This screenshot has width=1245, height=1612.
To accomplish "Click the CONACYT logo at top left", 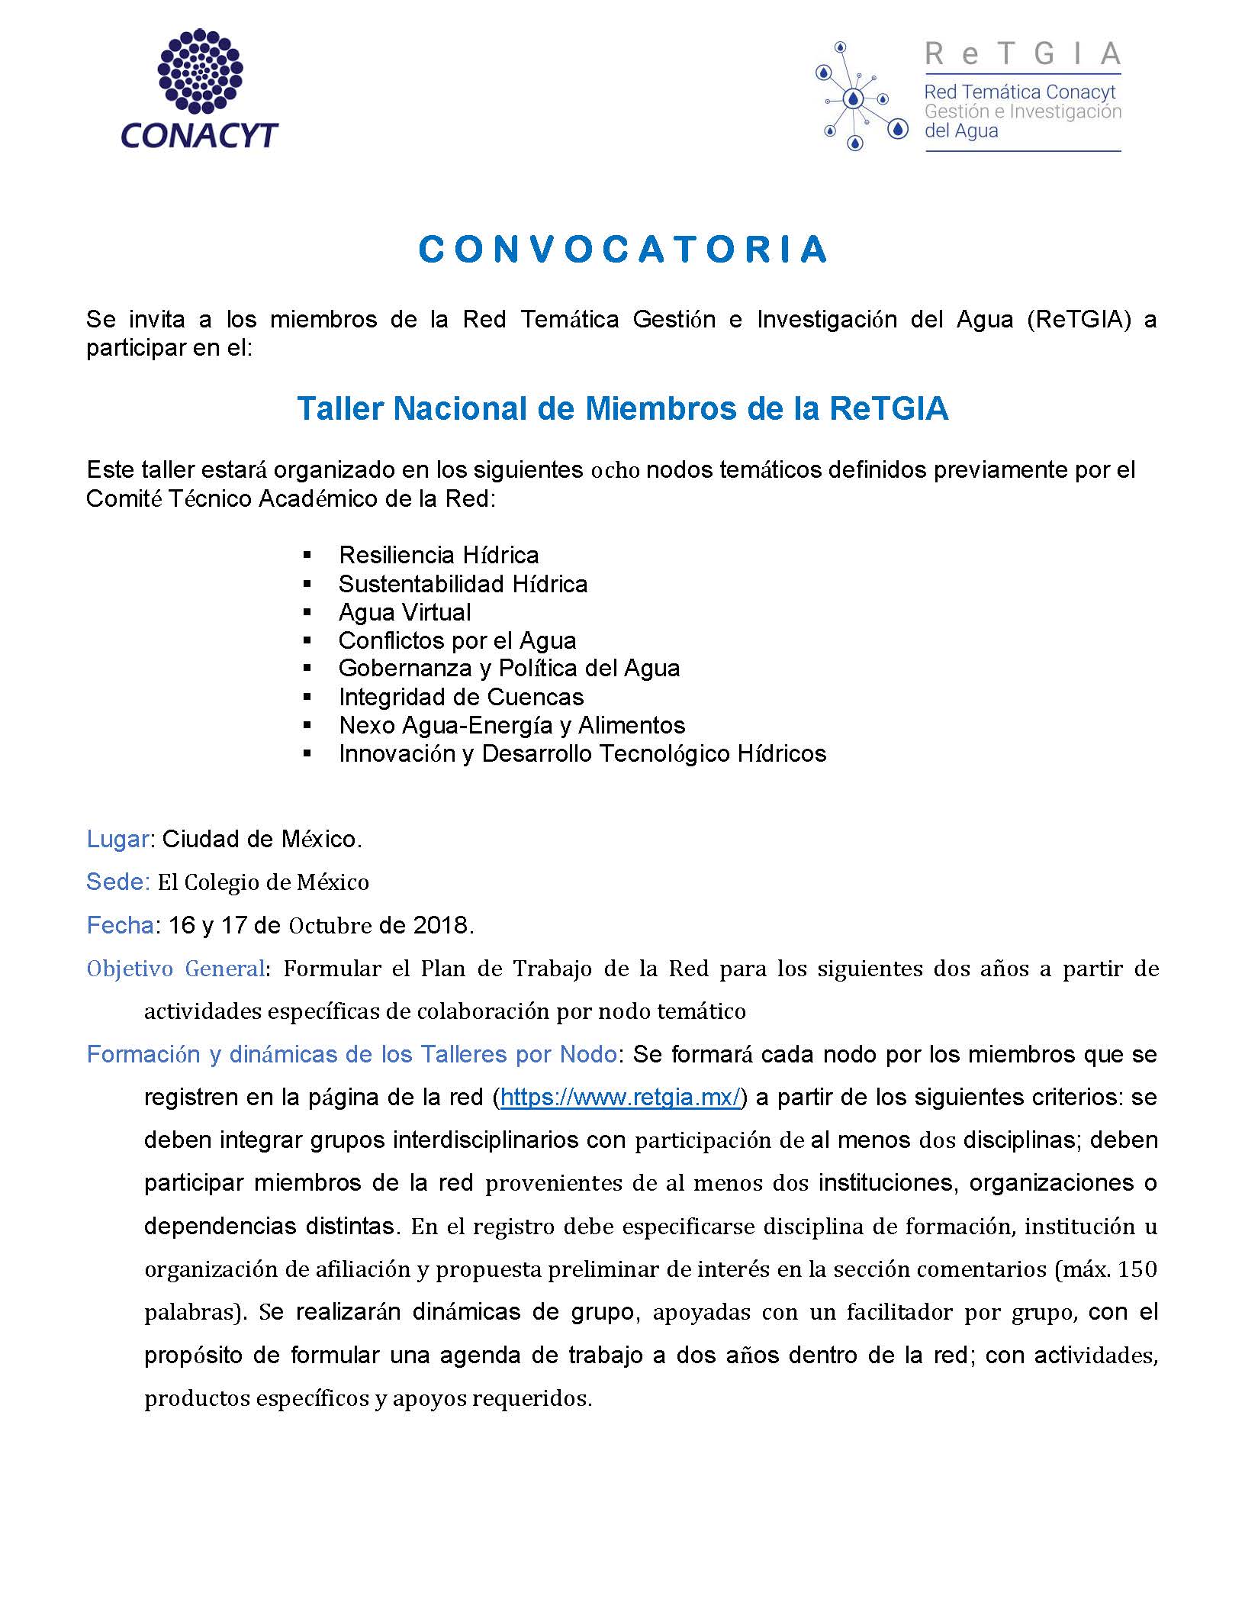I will pos(199,89).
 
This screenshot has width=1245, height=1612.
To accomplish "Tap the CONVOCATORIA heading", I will pos(622,250).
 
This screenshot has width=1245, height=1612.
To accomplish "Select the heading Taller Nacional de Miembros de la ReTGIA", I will pos(622,408).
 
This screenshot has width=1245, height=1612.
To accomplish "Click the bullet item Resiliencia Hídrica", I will pos(439,555).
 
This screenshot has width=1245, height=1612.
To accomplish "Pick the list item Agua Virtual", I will pos(404,612).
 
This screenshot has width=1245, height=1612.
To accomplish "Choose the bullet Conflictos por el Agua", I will pos(457,640).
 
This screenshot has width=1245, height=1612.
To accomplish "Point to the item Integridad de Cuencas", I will pos(461,697).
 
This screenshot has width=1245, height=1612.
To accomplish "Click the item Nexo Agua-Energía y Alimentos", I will pos(512,725).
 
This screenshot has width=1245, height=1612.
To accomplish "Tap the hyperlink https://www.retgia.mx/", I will pos(621,1098).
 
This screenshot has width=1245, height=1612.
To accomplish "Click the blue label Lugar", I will pos(117,840).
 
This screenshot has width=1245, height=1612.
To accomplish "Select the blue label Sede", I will pos(117,882).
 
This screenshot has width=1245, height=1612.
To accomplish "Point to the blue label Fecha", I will pos(120,925).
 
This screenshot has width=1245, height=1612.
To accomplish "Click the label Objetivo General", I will pos(175,969).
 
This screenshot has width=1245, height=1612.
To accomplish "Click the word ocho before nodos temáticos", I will pos(614,470).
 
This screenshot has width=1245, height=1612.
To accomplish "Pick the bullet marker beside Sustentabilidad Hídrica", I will pos(307,584).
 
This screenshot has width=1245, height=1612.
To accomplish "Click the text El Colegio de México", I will pos(263,882).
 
